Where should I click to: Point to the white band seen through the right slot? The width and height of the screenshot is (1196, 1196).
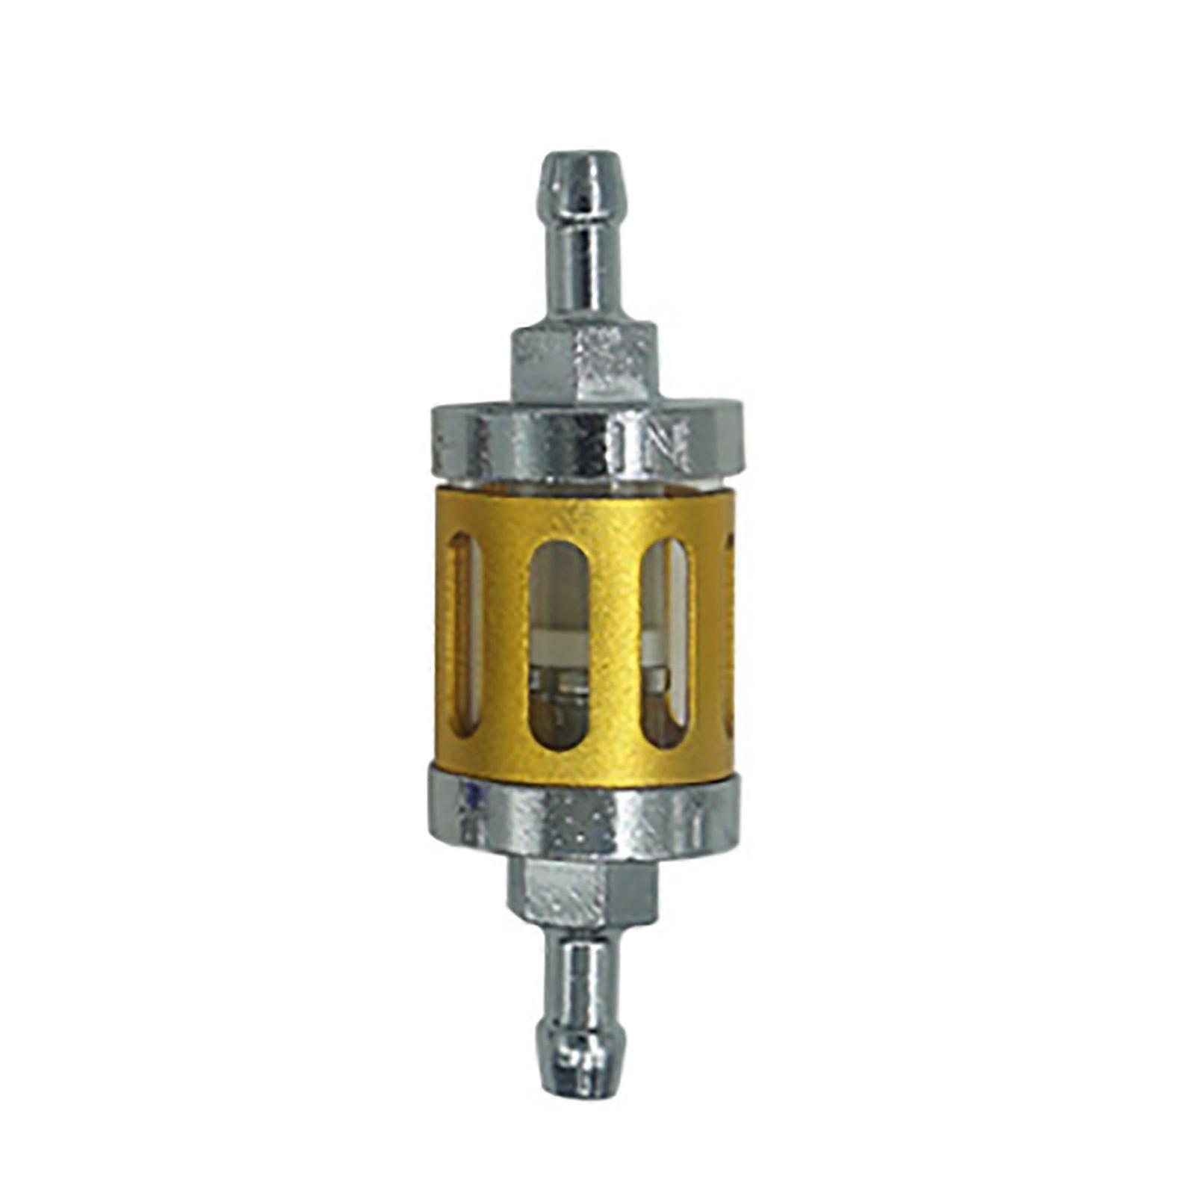coord(657,642)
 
